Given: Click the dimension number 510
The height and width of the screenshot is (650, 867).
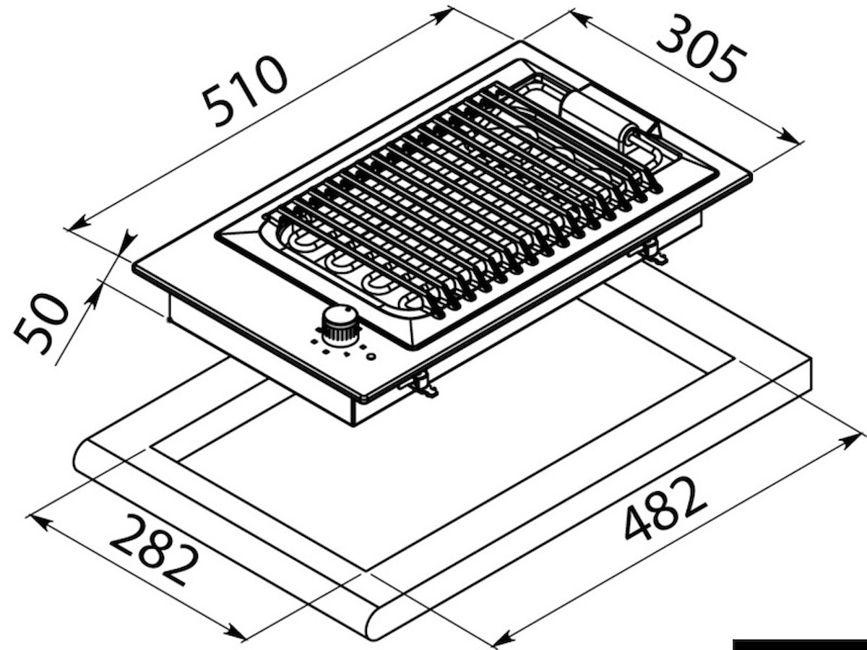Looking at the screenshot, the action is (x=244, y=92).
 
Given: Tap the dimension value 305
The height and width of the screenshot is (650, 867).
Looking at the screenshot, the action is (x=701, y=48).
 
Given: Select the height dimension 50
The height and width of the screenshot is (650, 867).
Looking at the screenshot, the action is (x=40, y=324).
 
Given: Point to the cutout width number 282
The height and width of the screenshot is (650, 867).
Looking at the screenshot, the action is (x=154, y=550).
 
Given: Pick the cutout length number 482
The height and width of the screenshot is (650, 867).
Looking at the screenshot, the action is (x=665, y=508).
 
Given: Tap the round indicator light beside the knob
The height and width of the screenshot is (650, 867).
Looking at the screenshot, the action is (x=371, y=357).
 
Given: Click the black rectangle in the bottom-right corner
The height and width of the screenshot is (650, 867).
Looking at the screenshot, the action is (x=800, y=644).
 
